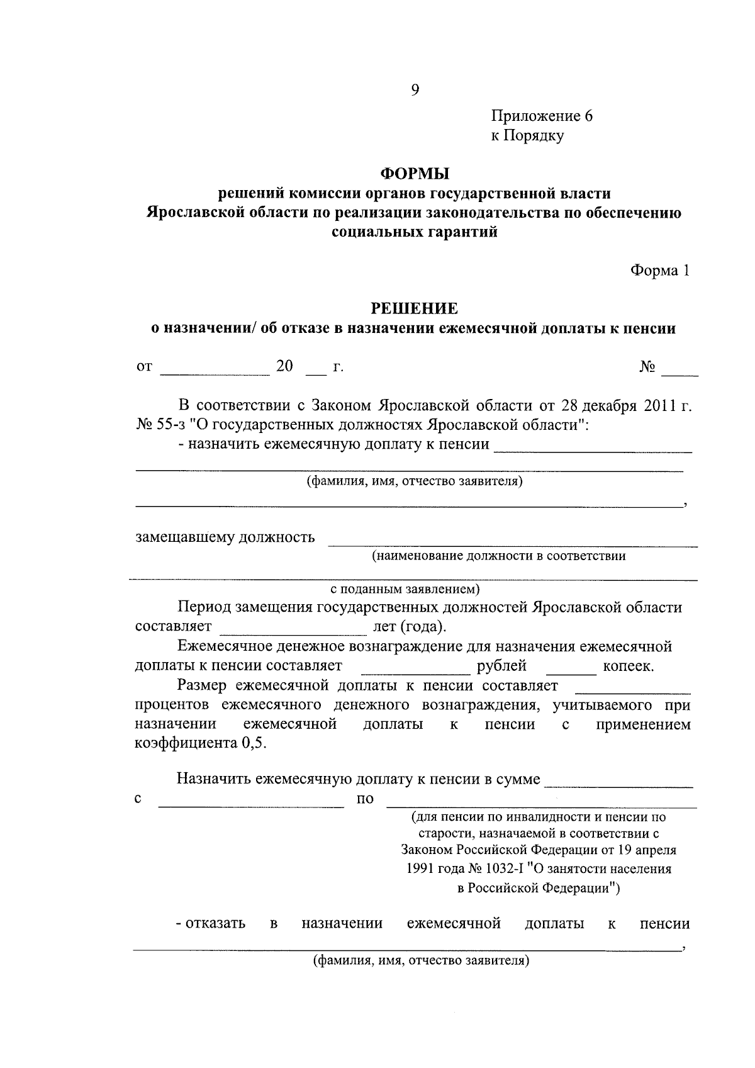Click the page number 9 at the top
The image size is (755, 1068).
tap(415, 90)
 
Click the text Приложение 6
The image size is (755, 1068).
tap(542, 116)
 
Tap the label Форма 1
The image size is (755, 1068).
tap(660, 271)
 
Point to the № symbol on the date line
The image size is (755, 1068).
tap(647, 367)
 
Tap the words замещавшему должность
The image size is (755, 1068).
tap(225, 537)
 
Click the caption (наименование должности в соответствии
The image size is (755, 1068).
tap(498, 556)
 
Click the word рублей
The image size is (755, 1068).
tap(501, 666)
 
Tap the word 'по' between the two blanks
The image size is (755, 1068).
tap(365, 799)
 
